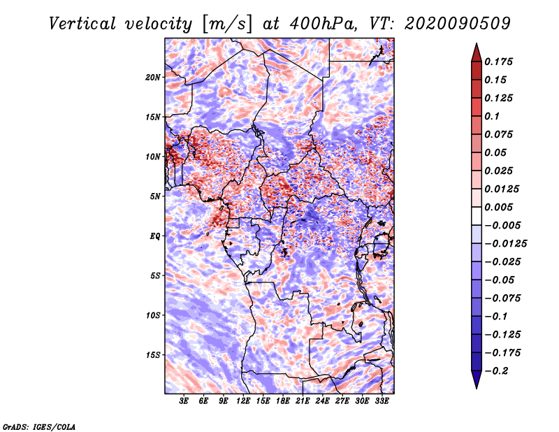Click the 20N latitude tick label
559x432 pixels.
click(x=153, y=78)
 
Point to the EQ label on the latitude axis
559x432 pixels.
click(x=154, y=236)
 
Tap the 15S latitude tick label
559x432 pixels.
click(x=153, y=355)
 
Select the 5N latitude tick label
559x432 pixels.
click(x=155, y=196)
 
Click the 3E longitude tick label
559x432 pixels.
click(x=184, y=401)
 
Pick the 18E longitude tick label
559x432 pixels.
click(x=283, y=401)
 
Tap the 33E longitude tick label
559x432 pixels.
click(x=382, y=401)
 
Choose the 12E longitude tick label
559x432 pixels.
click(x=243, y=401)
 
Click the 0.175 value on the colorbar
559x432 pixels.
click(x=498, y=62)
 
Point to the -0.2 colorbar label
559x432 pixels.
click(x=496, y=371)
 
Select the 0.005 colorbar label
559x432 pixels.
click(x=498, y=207)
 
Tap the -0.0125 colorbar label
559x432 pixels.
click(x=505, y=244)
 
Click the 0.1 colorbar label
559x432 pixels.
click(x=492, y=116)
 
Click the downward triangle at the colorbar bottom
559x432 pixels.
click(x=477, y=380)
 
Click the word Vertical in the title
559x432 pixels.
click(x=82, y=24)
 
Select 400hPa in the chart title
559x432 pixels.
click(x=323, y=24)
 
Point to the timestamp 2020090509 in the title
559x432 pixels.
click(x=458, y=24)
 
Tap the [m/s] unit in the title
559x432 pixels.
click(x=227, y=24)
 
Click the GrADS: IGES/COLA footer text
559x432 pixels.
click(x=39, y=426)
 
